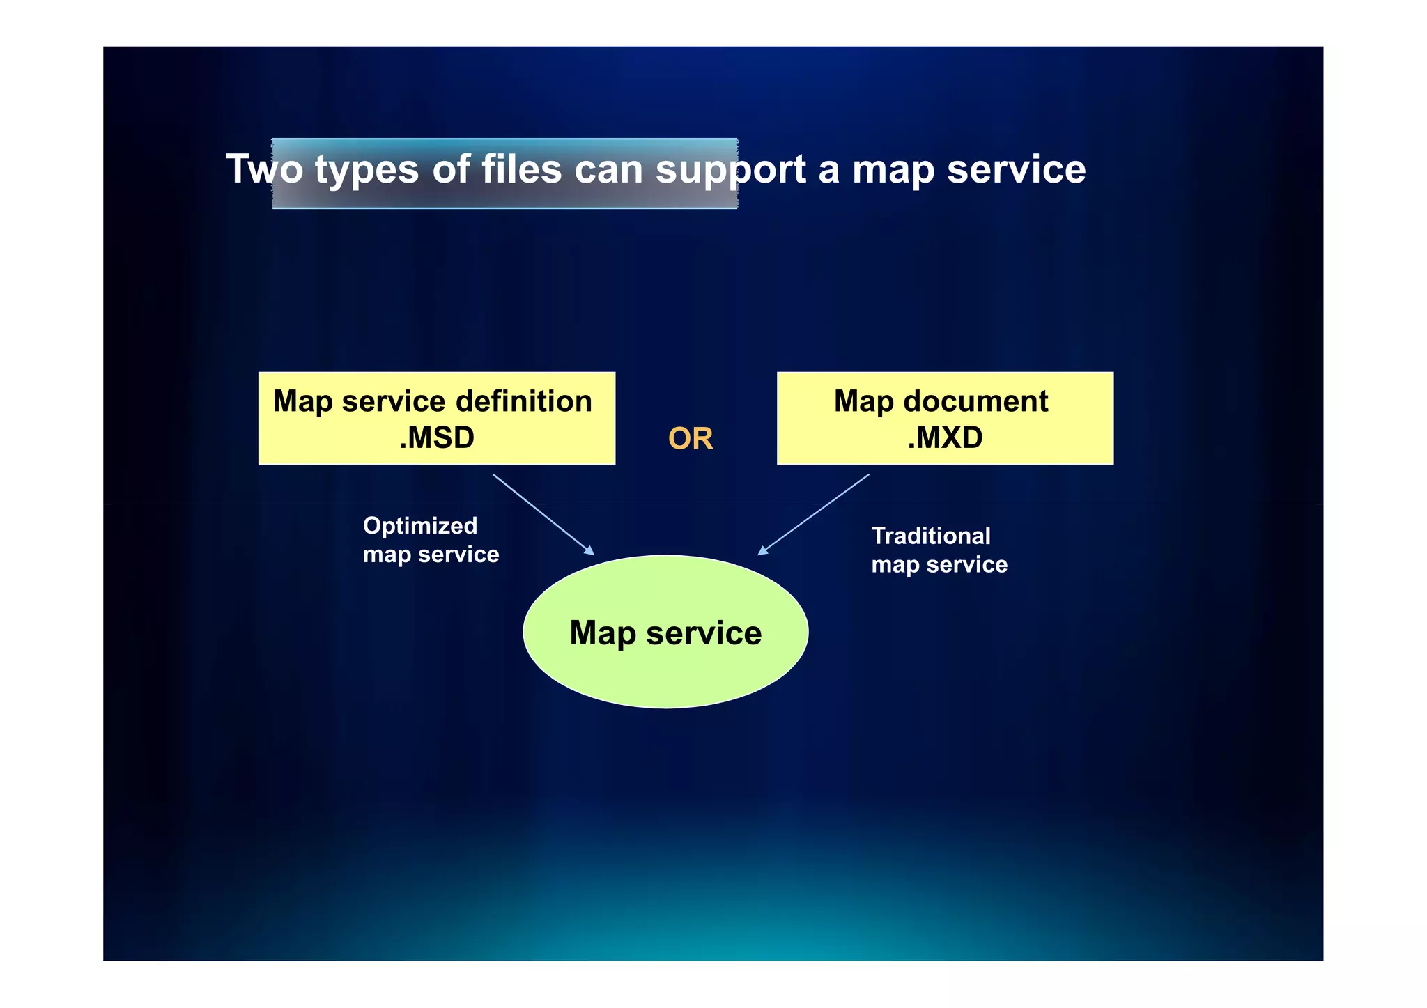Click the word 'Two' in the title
click(x=264, y=169)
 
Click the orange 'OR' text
click(x=691, y=439)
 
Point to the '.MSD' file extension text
click(x=436, y=438)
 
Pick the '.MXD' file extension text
click(x=945, y=438)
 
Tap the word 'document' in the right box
click(x=975, y=401)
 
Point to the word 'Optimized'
click(x=420, y=526)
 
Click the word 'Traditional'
click(x=931, y=536)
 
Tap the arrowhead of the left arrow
click(x=590, y=551)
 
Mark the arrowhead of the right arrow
click(x=762, y=550)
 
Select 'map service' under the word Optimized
click(x=431, y=555)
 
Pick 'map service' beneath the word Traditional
click(x=939, y=565)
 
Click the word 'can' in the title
click(x=608, y=169)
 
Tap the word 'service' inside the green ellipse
click(x=704, y=633)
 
